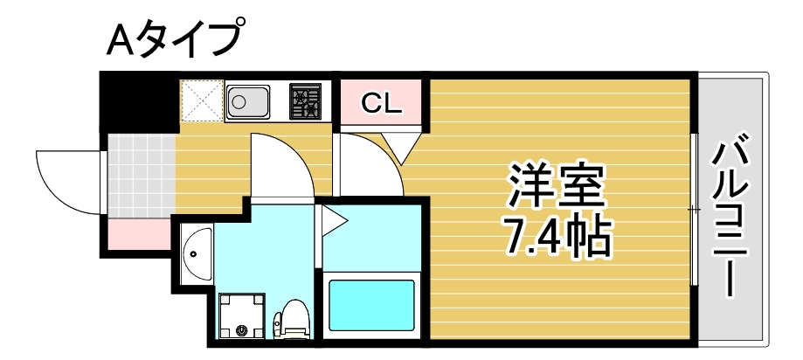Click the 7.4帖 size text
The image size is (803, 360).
click(556, 233)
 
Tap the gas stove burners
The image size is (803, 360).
click(305, 101)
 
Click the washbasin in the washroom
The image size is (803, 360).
click(196, 253)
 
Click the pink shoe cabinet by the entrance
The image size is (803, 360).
click(138, 232)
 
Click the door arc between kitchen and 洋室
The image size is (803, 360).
click(367, 166)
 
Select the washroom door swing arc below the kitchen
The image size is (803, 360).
click(280, 166)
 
